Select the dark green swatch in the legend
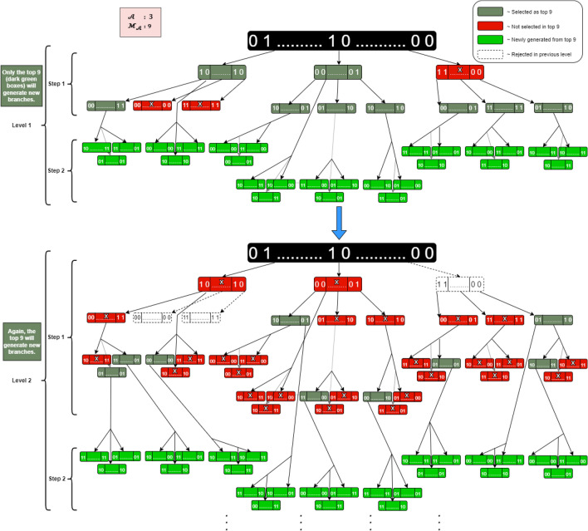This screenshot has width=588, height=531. [x=490, y=14]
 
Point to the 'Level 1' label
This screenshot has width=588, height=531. [x=23, y=123]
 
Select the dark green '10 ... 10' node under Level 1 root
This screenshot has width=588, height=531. [x=222, y=73]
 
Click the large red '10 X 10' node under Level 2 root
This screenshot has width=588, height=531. [x=222, y=284]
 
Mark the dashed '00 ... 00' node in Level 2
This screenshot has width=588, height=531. [x=152, y=317]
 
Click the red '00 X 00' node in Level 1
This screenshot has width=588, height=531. [x=152, y=106]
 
